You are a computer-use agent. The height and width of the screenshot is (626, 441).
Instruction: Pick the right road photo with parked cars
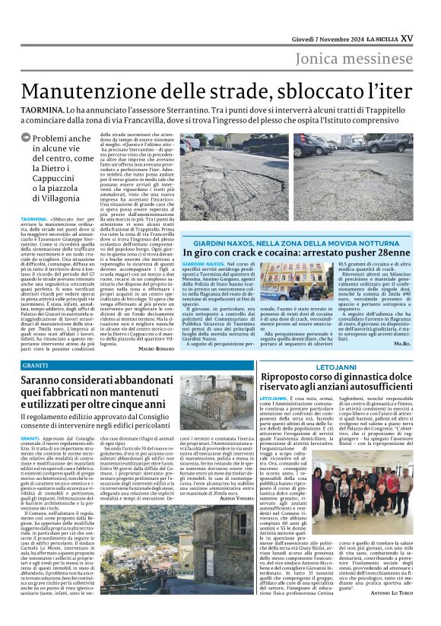tap(363, 176)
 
